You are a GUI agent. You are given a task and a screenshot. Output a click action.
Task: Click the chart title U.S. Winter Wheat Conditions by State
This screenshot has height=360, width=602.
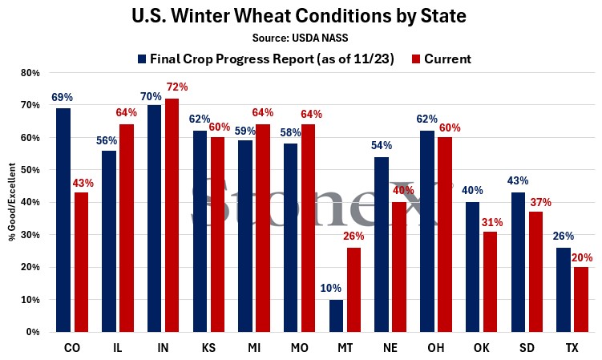(x=301, y=16)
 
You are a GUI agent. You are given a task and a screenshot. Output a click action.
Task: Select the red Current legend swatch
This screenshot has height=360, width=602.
(x=416, y=59)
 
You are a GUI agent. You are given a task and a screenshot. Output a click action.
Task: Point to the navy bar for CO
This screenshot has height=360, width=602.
(x=63, y=220)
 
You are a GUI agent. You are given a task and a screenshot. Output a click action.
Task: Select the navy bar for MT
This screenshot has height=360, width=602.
(x=336, y=315)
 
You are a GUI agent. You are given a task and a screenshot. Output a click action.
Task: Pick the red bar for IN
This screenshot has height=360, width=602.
(x=172, y=215)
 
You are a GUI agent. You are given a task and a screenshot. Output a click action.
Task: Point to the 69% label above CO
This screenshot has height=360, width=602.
(x=60, y=96)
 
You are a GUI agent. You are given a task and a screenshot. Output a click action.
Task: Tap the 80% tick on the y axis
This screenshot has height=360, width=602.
(x=30, y=73)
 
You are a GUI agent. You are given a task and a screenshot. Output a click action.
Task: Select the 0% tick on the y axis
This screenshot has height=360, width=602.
(x=33, y=331)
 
